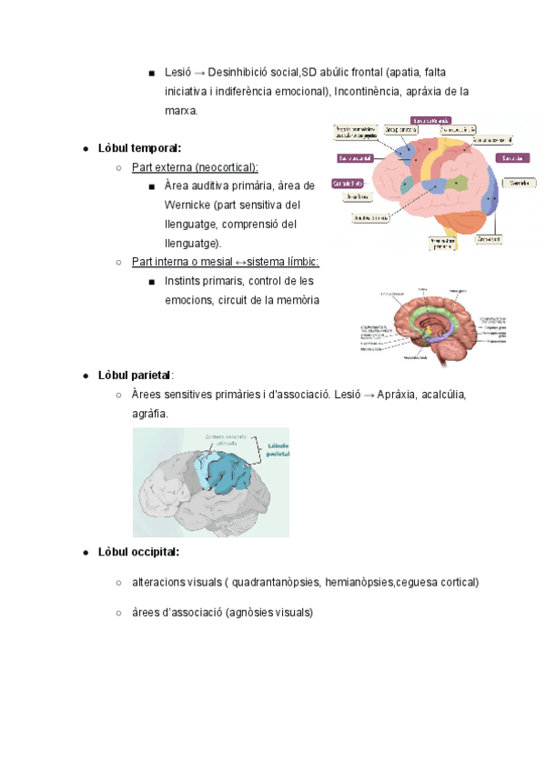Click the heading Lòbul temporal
142,148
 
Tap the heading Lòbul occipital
138,552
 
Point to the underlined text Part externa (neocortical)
195,167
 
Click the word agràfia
150,414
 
